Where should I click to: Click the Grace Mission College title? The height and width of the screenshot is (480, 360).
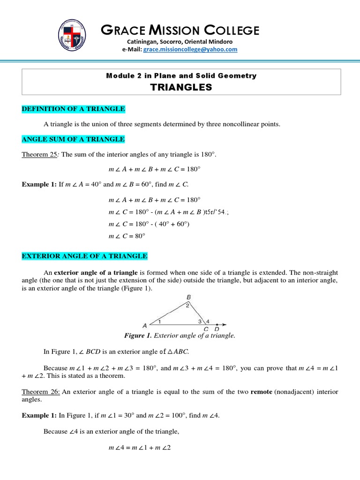180,30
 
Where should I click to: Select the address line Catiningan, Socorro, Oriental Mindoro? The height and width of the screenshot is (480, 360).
180,42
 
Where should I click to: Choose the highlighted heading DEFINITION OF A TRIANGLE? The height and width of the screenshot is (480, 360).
73,109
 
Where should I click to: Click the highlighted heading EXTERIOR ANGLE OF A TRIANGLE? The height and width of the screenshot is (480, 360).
84,255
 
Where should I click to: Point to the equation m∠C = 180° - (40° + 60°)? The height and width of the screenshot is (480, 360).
149,224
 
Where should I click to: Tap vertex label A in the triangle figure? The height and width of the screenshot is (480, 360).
145,325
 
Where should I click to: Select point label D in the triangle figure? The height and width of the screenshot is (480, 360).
217,329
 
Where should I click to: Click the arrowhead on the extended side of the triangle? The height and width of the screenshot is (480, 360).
225,324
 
